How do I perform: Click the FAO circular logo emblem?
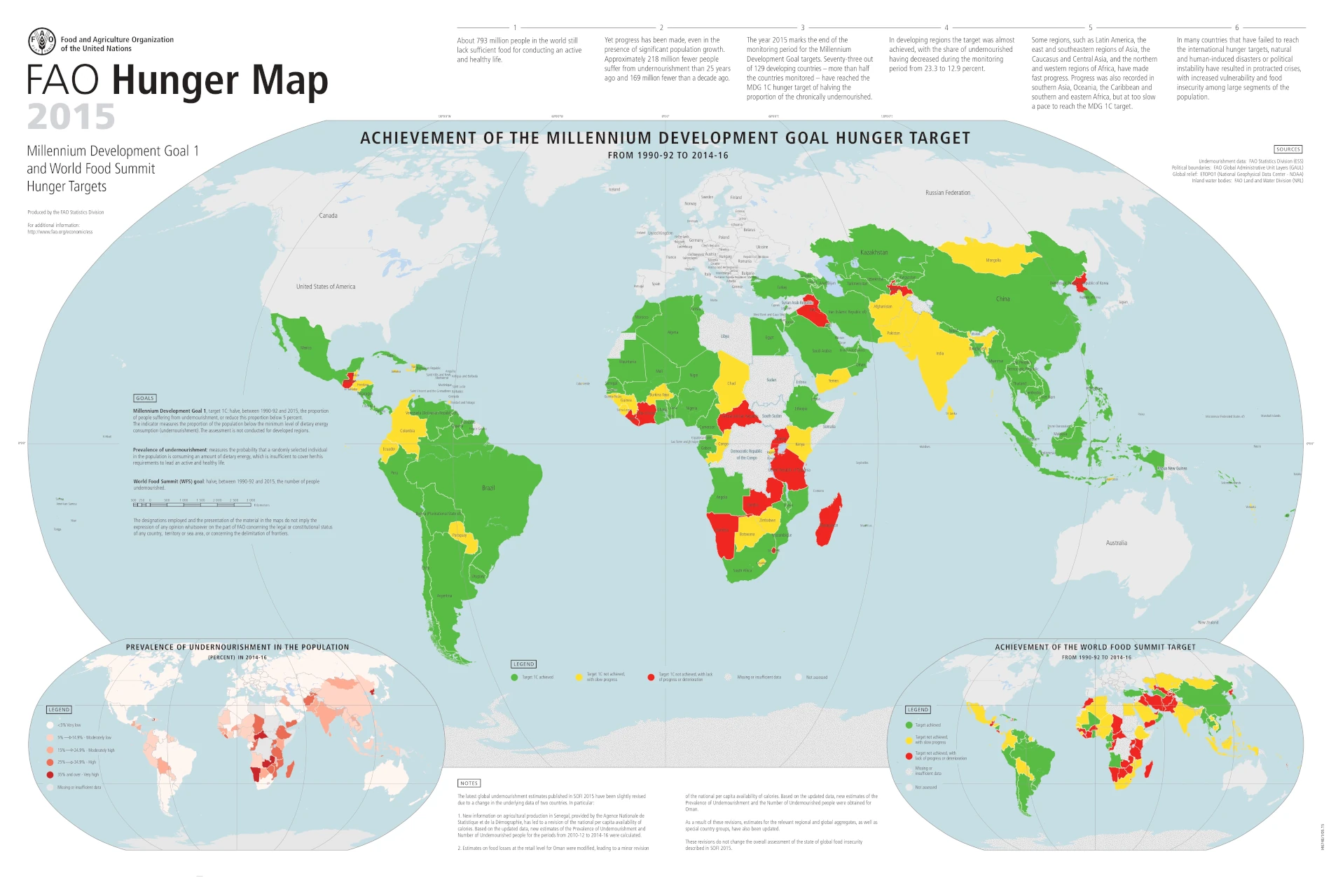[41, 41]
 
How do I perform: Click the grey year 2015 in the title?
[71, 117]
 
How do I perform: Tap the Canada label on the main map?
[328, 216]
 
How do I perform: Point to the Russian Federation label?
[947, 193]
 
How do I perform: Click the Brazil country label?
[488, 488]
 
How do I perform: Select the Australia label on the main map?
[1116, 543]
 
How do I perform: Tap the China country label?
[1002, 299]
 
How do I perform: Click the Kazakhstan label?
[874, 252]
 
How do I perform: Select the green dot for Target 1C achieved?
[514, 678]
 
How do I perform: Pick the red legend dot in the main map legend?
[651, 678]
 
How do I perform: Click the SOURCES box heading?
[1288, 149]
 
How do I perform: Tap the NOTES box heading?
[469, 783]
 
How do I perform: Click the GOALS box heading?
[145, 398]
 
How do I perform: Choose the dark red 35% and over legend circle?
[50, 775]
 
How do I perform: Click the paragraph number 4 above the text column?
[946, 28]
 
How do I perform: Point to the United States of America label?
[325, 287]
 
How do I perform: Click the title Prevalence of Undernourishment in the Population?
[237, 647]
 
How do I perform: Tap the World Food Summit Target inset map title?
[1095, 647]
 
